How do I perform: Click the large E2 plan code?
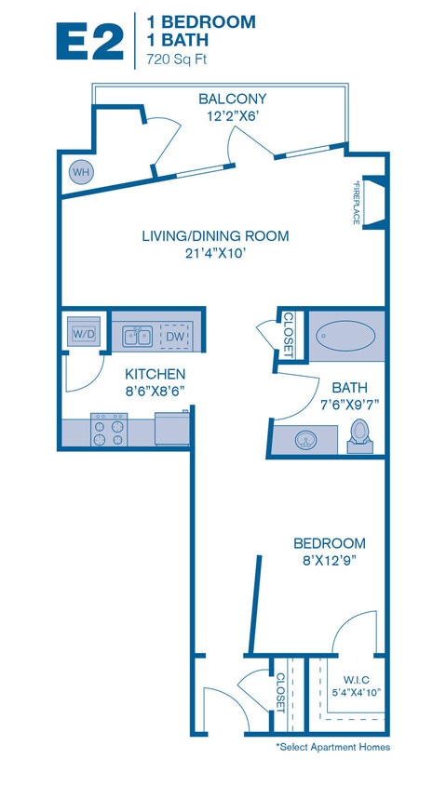point(88,43)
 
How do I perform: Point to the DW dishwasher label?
point(174,336)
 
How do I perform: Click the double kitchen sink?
point(138,336)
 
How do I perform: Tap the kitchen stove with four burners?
point(108,430)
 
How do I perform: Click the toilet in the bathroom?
point(359,433)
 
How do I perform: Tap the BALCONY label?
point(232,99)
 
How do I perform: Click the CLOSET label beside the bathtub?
point(288,335)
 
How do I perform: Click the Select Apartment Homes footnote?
point(332,747)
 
